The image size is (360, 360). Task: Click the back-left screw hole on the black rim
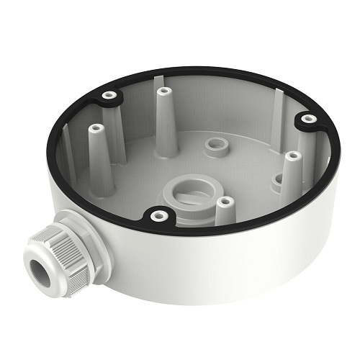click(109, 95)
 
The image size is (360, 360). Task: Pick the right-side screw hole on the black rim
click(309, 118)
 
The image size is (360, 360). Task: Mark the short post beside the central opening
click(225, 209)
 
